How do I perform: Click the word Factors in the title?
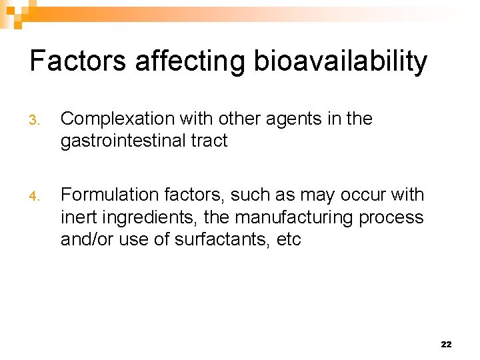(78, 61)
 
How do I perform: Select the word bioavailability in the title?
(340, 61)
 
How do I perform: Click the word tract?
(209, 141)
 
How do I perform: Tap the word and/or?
(87, 239)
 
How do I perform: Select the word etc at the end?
(288, 239)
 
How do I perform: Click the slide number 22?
(446, 345)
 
